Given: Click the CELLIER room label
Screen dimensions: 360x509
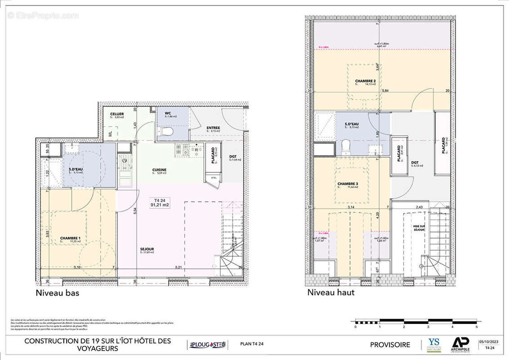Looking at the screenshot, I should [x=117, y=114].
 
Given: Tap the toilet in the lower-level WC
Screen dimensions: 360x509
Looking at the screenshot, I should [x=167, y=132].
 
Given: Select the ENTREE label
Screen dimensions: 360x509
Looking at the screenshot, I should [x=213, y=128].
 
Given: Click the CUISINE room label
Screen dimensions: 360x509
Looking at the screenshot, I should [x=159, y=169].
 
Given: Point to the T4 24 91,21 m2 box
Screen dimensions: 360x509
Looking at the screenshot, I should [x=159, y=203].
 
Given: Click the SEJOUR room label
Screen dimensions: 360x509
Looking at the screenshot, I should [x=147, y=249].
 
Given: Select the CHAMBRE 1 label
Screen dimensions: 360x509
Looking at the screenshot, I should [x=70, y=238].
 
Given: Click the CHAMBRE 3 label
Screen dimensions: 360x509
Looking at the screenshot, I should [x=348, y=183].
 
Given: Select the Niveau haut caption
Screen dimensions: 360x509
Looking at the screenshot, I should [x=331, y=292].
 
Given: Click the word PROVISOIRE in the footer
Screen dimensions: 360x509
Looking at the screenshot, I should [x=390, y=345].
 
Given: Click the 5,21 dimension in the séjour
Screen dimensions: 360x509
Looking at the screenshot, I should [x=179, y=268].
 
